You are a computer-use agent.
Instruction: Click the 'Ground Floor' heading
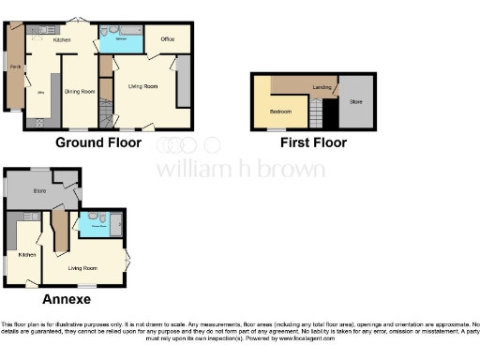click(98, 143)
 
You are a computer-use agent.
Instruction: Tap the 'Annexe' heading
click(67, 299)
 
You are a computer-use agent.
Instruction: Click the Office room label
click(168, 39)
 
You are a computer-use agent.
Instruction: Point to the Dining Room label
click(80, 91)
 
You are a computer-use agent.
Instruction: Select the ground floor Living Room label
click(142, 86)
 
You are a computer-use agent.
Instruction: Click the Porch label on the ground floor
click(14, 67)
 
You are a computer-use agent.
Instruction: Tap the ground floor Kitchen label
click(62, 41)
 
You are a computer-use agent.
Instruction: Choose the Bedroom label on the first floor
click(280, 111)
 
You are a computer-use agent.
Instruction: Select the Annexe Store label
click(39, 191)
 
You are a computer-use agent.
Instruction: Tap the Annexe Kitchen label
click(27, 254)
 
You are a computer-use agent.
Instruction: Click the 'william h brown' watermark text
click(240, 169)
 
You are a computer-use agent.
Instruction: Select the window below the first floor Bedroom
click(285, 129)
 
